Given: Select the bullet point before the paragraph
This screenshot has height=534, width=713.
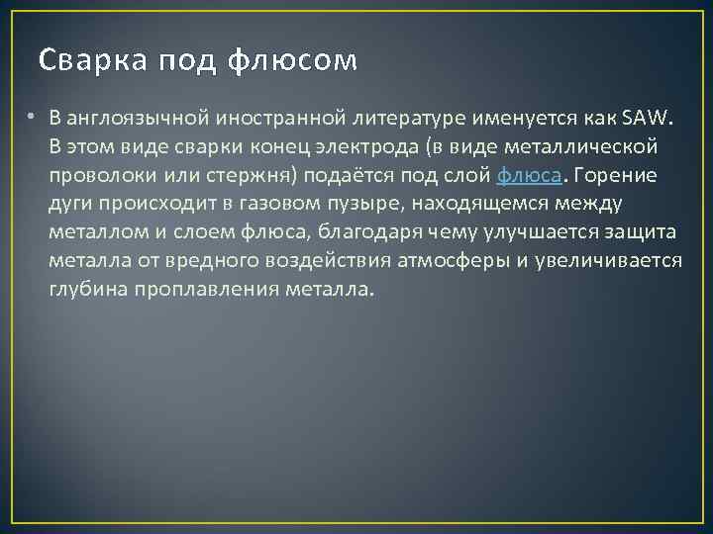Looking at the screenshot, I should pyautogui.click(x=33, y=118).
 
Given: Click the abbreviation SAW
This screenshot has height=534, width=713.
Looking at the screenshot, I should pyautogui.click(x=647, y=119).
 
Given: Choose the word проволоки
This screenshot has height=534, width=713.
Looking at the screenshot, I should pyautogui.click(x=95, y=176).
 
